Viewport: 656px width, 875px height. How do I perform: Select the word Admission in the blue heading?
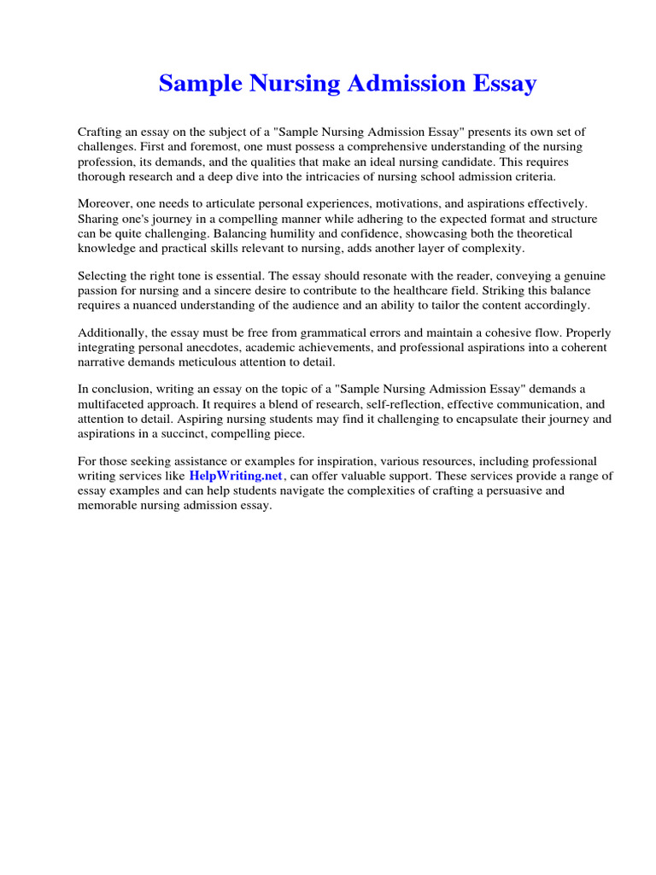click(x=397, y=84)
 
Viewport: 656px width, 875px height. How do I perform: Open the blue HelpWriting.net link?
click(x=236, y=476)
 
